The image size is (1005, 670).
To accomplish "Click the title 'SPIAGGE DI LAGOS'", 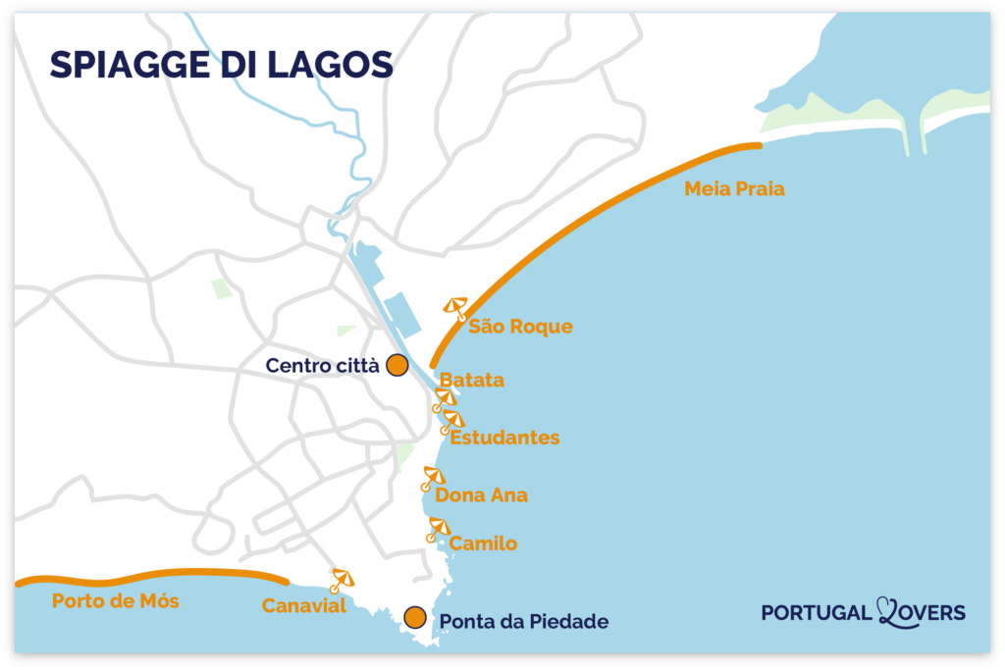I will [222, 65].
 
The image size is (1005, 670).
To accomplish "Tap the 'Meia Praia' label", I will [734, 189].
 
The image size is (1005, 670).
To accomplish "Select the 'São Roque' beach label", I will [520, 327].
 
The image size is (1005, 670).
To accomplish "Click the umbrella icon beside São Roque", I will [455, 308].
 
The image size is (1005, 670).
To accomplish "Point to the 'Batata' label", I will [472, 380].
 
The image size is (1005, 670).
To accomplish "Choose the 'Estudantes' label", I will [504, 438].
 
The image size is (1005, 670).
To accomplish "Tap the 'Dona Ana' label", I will [481, 495].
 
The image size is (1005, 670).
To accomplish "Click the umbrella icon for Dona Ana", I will [432, 478].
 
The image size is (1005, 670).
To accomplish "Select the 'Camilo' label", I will [483, 543].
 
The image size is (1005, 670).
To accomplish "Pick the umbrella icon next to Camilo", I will [438, 529].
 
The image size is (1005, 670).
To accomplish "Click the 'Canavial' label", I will [304, 606].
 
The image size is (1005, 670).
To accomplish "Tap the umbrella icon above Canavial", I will [342, 580].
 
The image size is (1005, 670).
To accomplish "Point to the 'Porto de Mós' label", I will [116, 600].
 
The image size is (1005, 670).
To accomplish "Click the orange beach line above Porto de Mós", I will [147, 574].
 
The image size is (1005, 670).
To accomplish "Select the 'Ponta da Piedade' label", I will [524, 621].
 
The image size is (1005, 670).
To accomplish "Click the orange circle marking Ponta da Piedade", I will [415, 617].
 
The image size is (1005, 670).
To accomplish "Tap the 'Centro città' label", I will [323, 366].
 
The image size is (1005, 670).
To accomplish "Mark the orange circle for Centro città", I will [397, 365].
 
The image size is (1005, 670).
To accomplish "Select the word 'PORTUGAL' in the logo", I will [816, 613].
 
